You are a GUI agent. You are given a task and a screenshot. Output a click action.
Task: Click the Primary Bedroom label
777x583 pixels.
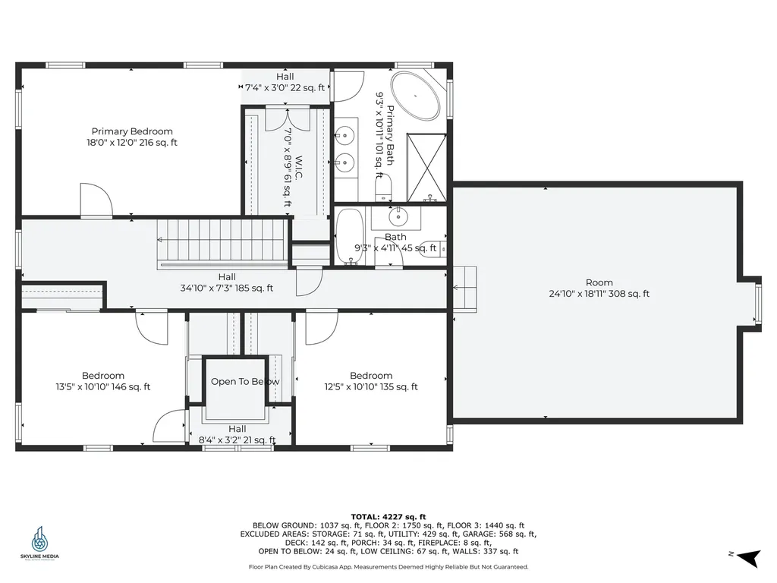tap(132, 137)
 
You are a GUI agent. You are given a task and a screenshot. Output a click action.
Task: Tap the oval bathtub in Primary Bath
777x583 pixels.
tap(416, 96)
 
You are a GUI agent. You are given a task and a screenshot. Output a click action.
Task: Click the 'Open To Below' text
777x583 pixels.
tap(244, 382)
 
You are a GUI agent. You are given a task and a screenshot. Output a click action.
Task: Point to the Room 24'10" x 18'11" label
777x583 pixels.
tap(599, 288)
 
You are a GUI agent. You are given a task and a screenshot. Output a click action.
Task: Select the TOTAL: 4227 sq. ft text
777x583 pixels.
tap(388, 516)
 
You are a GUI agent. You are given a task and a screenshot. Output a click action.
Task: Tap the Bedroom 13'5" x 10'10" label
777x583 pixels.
tap(103, 381)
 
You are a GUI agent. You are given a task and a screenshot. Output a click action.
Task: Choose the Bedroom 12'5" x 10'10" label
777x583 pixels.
tap(371, 381)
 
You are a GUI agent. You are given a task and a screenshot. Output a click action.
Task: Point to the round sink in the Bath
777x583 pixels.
tap(399, 217)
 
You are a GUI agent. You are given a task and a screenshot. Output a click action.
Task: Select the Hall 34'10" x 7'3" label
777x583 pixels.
tap(226, 282)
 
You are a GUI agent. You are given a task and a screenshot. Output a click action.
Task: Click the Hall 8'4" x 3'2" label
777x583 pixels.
tap(237, 434)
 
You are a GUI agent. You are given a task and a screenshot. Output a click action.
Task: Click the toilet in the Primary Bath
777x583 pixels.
tap(384, 188)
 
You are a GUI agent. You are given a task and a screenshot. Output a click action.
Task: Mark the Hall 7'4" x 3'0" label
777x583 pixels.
tap(285, 83)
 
